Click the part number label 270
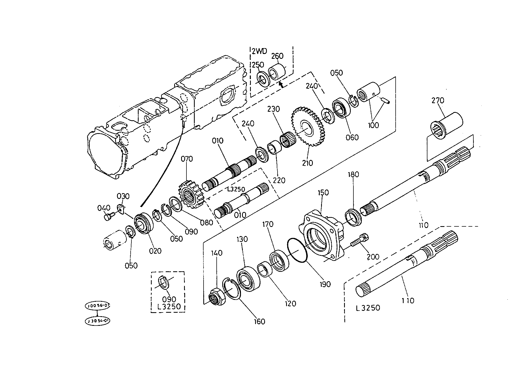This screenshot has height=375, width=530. (438, 100)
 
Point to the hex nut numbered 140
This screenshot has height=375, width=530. (216, 296)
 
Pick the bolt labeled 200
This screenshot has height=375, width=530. (360, 241)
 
